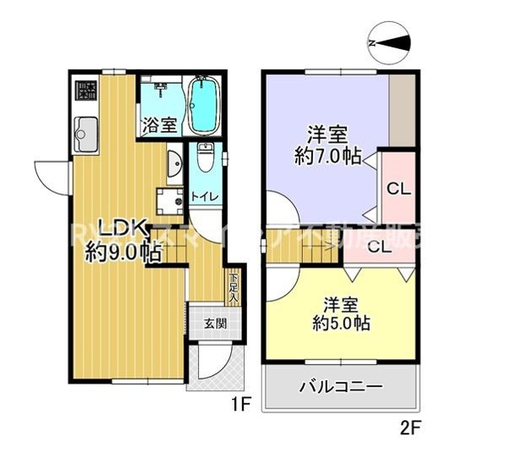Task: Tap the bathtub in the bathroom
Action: pos(203,106)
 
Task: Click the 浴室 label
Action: pos(159,125)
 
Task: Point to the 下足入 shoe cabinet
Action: pos(233,288)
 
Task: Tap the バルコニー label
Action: pos(341,387)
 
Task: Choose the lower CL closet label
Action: pos(379,246)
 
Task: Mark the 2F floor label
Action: pos(410,428)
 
